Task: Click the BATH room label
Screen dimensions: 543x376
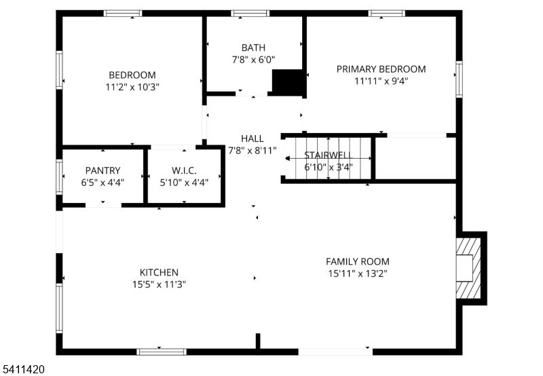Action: coord(253,48)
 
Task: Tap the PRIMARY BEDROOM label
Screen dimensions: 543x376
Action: coord(381,69)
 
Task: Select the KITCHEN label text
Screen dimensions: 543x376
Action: coord(159,272)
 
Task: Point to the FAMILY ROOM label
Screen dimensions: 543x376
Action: coord(358,261)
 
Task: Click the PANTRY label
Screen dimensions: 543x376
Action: coord(103,170)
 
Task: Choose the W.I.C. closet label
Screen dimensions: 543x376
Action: coord(184,170)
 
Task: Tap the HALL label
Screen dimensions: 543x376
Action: coord(252,138)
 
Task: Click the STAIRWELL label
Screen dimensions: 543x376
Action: coord(329,155)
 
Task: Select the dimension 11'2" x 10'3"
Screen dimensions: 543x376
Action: coord(132,87)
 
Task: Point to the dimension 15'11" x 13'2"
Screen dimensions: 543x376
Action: coord(358,274)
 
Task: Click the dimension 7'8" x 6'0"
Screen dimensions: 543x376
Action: coord(253,60)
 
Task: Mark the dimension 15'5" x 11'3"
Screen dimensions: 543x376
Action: coord(159,284)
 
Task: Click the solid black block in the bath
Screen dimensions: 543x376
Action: coord(287,82)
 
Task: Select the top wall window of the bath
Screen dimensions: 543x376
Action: coord(250,14)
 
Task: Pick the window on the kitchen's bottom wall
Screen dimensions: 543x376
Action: coord(162,352)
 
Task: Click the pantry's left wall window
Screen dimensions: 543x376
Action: coord(59,176)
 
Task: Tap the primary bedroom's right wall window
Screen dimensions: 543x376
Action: coord(459,79)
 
